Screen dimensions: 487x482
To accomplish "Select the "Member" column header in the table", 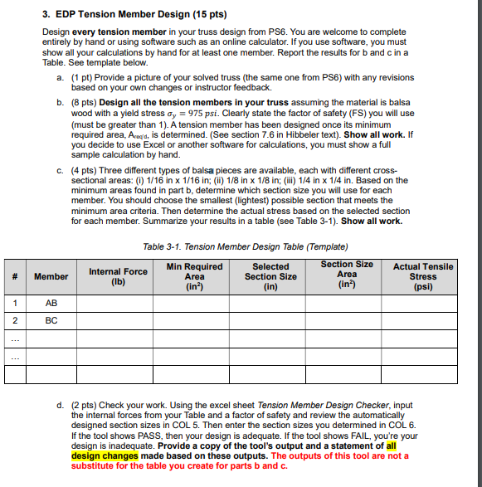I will (51, 276).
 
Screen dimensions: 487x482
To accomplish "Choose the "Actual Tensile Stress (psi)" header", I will (423, 276).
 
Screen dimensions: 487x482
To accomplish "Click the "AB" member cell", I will (51, 304).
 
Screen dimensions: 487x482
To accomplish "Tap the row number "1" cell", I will (14, 304).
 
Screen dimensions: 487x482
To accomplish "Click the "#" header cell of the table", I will (14, 276).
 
